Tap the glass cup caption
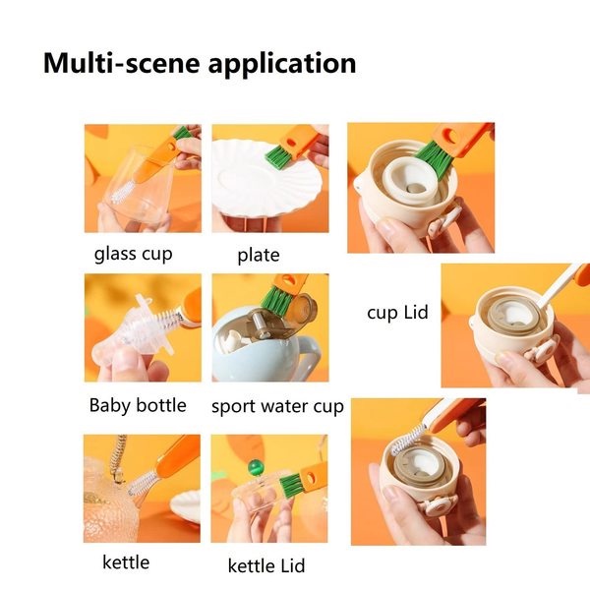point(133,254)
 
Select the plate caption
point(259,256)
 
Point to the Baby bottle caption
point(137,405)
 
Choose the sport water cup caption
point(277,406)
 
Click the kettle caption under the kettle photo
point(126,562)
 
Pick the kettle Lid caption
point(266,565)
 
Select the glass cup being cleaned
point(138,192)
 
